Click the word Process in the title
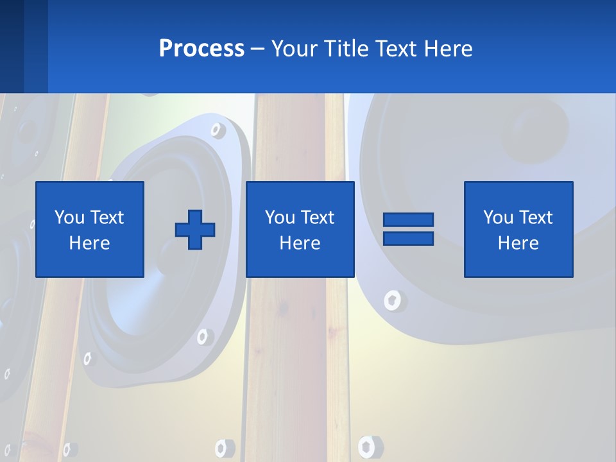(201, 48)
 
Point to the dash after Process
(258, 49)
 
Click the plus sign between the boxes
(195, 230)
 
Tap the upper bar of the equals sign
(408, 219)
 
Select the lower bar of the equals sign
(408, 238)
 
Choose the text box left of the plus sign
(90, 229)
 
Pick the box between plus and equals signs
(300, 229)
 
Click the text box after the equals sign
(518, 229)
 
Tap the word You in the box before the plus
(69, 218)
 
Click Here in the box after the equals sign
(518, 243)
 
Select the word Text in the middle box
(318, 218)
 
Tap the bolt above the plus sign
(218, 130)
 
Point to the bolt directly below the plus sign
(205, 336)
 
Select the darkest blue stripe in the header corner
(12, 46)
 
